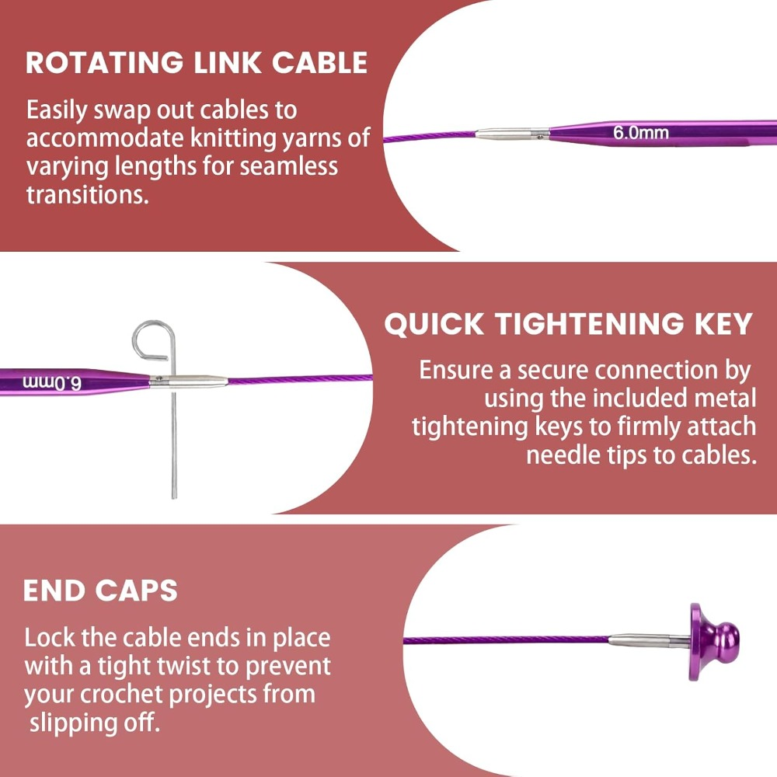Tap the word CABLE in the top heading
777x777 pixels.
tap(319, 63)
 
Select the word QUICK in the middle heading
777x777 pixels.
tap(434, 324)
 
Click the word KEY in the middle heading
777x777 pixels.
tap(723, 324)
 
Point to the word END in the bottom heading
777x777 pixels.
tap(53, 591)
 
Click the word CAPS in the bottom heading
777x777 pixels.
tap(136, 591)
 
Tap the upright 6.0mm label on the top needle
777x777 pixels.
tap(641, 133)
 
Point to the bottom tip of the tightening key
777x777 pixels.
tap(174, 497)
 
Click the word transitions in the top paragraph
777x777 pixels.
tap(88, 195)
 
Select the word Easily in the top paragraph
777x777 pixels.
tap(57, 111)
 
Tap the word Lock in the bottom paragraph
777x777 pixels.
tap(50, 637)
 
